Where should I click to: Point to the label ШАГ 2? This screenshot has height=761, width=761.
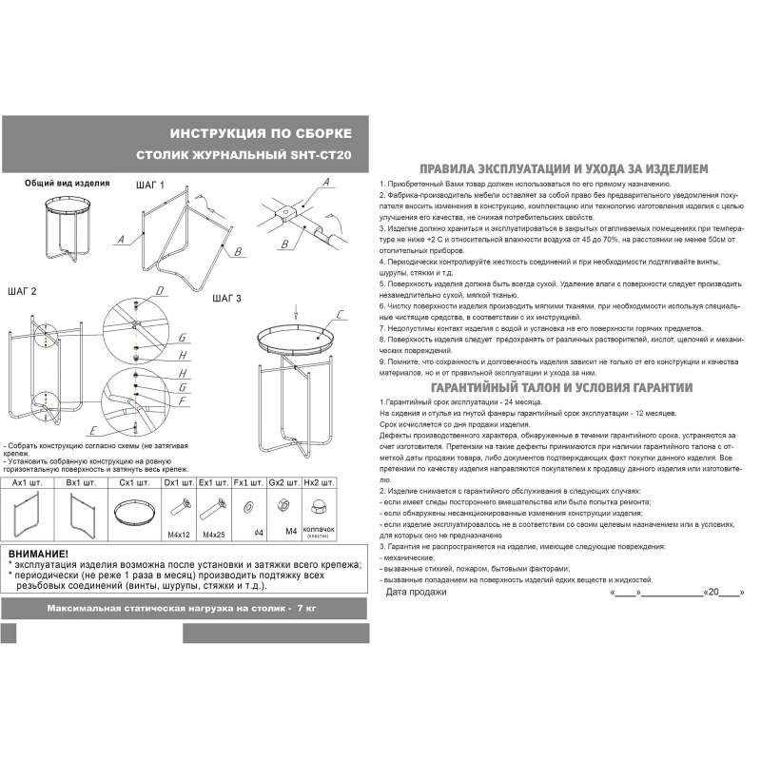pyautogui.click(x=21, y=291)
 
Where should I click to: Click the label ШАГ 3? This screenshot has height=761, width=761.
pyautogui.click(x=226, y=299)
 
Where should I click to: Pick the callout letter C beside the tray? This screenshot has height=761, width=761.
pyautogui.click(x=341, y=314)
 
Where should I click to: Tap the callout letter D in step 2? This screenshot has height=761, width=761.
pyautogui.click(x=160, y=291)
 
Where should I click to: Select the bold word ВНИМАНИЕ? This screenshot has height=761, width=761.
pyautogui.click(x=38, y=554)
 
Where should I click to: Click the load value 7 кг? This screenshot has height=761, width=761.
pyautogui.click(x=304, y=607)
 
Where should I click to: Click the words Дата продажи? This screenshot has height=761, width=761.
pyautogui.click(x=416, y=592)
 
